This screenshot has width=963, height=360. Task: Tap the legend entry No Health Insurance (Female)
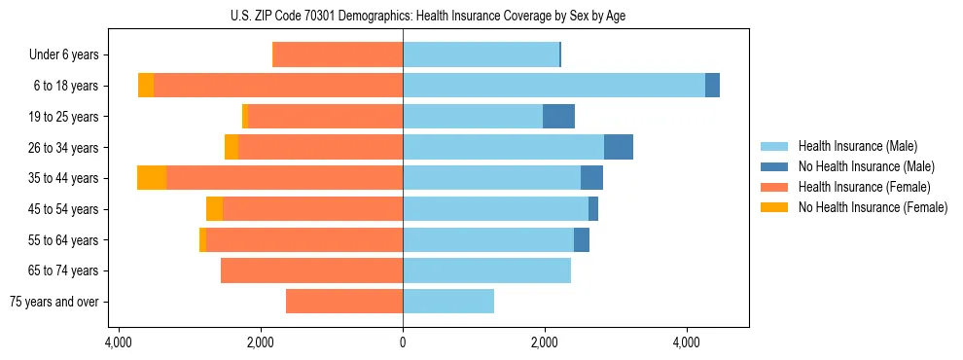click(x=873, y=207)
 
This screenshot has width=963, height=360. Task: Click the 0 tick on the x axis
click(x=403, y=343)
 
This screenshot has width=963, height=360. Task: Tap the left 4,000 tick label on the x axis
click(x=118, y=343)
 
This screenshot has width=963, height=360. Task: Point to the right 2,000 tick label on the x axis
click(x=545, y=343)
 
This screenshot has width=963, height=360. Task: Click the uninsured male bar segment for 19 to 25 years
click(x=558, y=117)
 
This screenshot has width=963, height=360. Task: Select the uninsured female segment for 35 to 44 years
click(x=152, y=178)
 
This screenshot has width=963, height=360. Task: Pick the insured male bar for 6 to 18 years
click(x=553, y=86)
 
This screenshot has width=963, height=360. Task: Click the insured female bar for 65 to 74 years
click(x=311, y=270)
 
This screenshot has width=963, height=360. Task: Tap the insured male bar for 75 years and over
click(x=448, y=302)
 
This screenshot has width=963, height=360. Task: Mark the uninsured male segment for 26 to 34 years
click(x=619, y=147)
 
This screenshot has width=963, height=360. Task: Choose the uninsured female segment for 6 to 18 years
click(x=146, y=86)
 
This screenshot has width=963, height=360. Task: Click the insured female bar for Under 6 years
click(x=338, y=54)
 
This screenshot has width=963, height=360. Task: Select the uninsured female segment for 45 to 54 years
click(x=214, y=209)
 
